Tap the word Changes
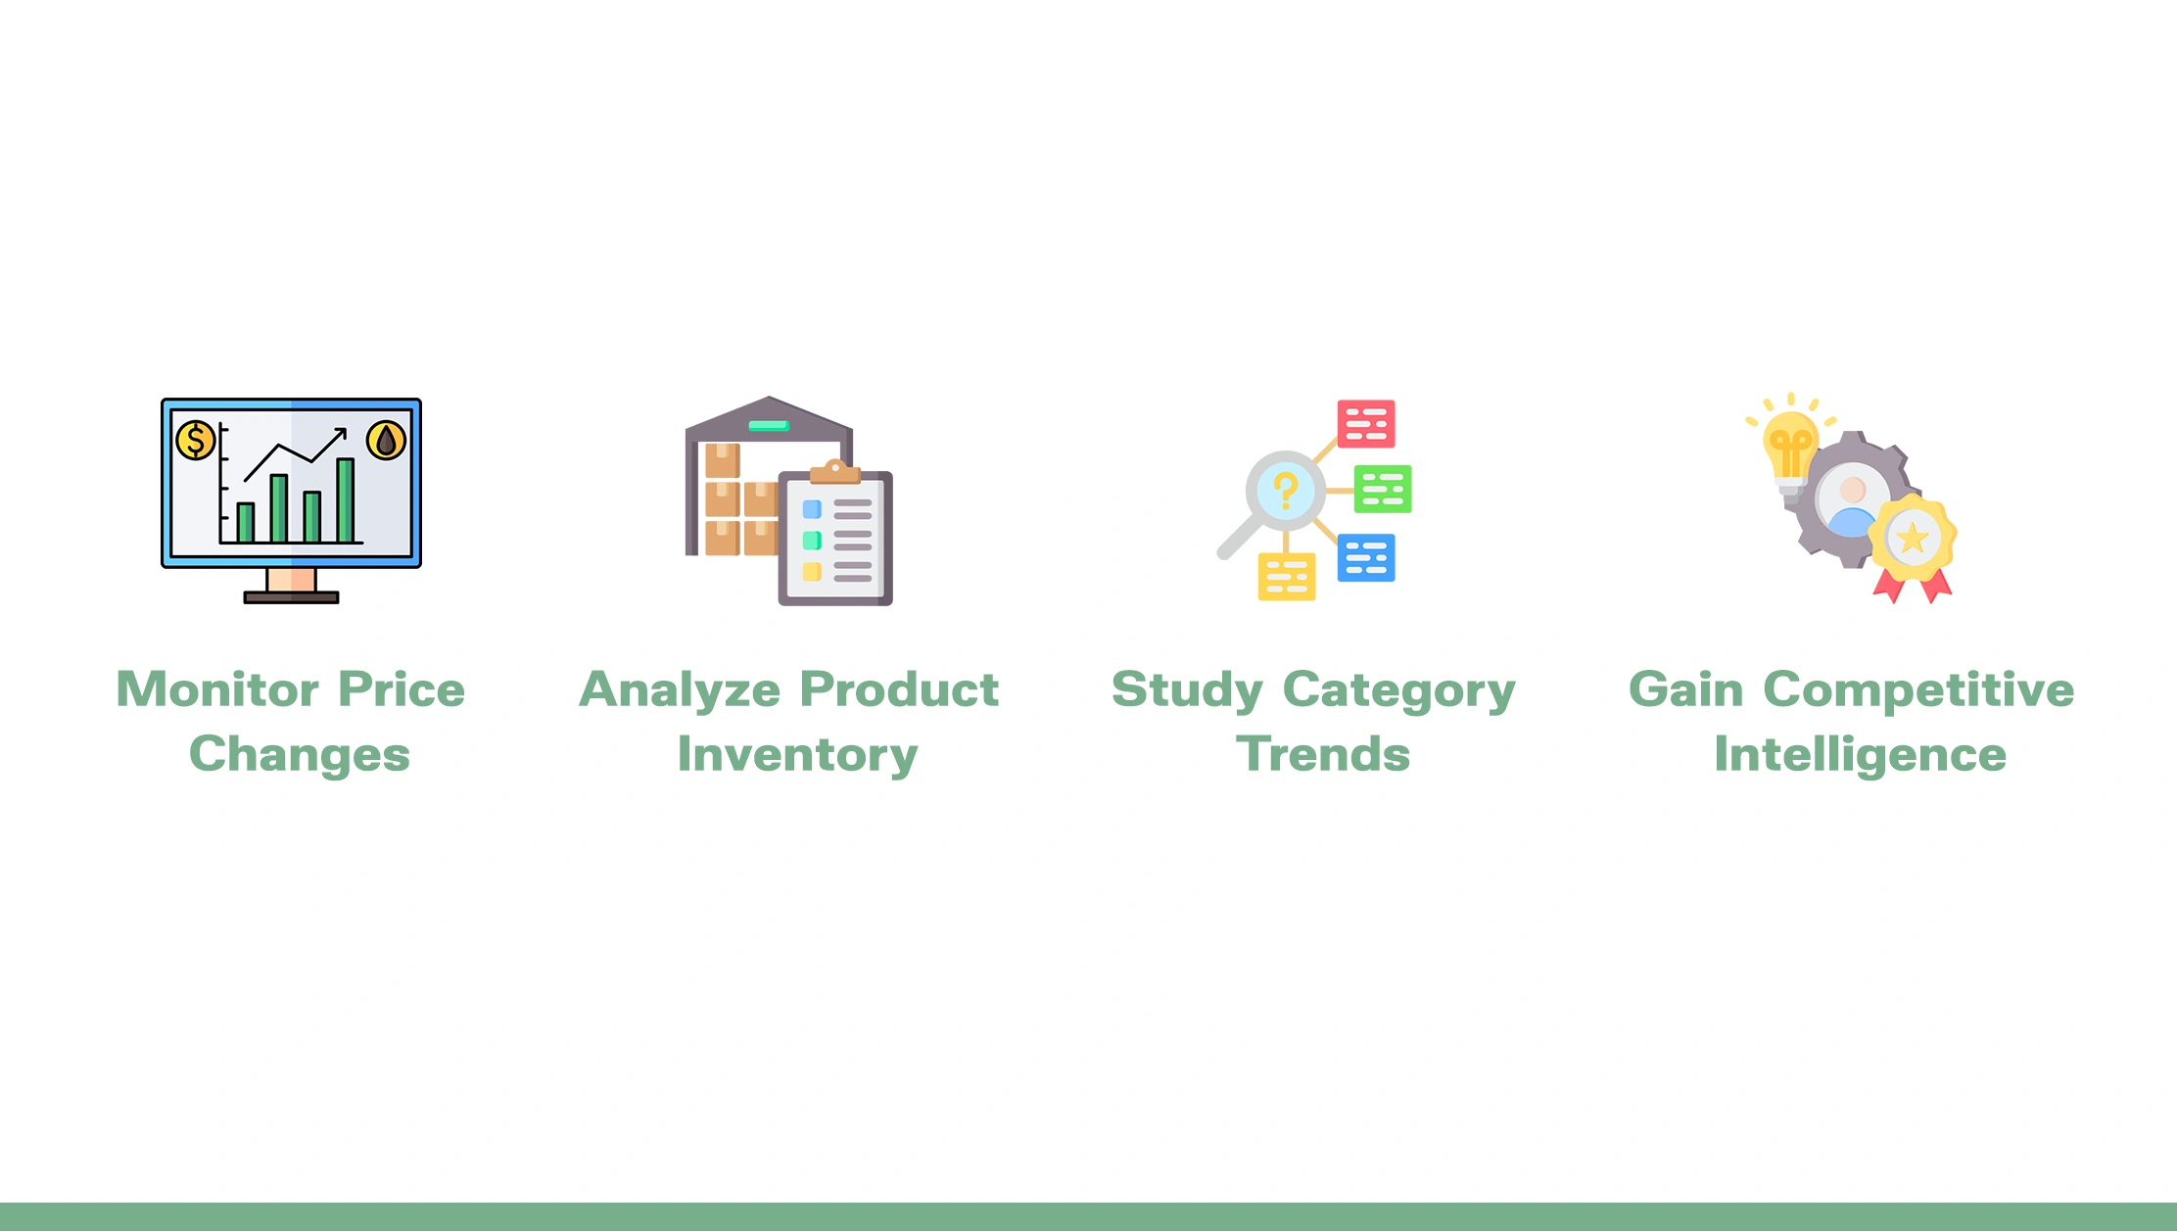pyautogui.click(x=300, y=755)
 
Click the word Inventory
pyautogui.click(x=798, y=755)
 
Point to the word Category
pyautogui.click(x=1399, y=690)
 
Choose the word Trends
pyautogui.click(x=1323, y=754)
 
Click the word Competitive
pyautogui.click(x=1918, y=689)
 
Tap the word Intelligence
pyautogui.click(x=1861, y=755)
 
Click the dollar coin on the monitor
pyautogui.click(x=196, y=440)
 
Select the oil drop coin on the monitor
pyautogui.click(x=386, y=440)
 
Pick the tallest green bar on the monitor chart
pyautogui.click(x=345, y=499)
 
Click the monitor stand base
pyautogui.click(x=291, y=597)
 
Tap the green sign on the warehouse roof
pyautogui.click(x=769, y=425)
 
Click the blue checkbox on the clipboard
pyautogui.click(x=812, y=509)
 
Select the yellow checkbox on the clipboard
pyautogui.click(x=812, y=572)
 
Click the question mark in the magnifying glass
pyautogui.click(x=1286, y=489)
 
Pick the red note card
pyautogui.click(x=1366, y=423)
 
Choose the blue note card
pyautogui.click(x=1366, y=557)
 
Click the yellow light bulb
pyautogui.click(x=1790, y=451)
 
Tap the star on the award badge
pyautogui.click(x=1912, y=538)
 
